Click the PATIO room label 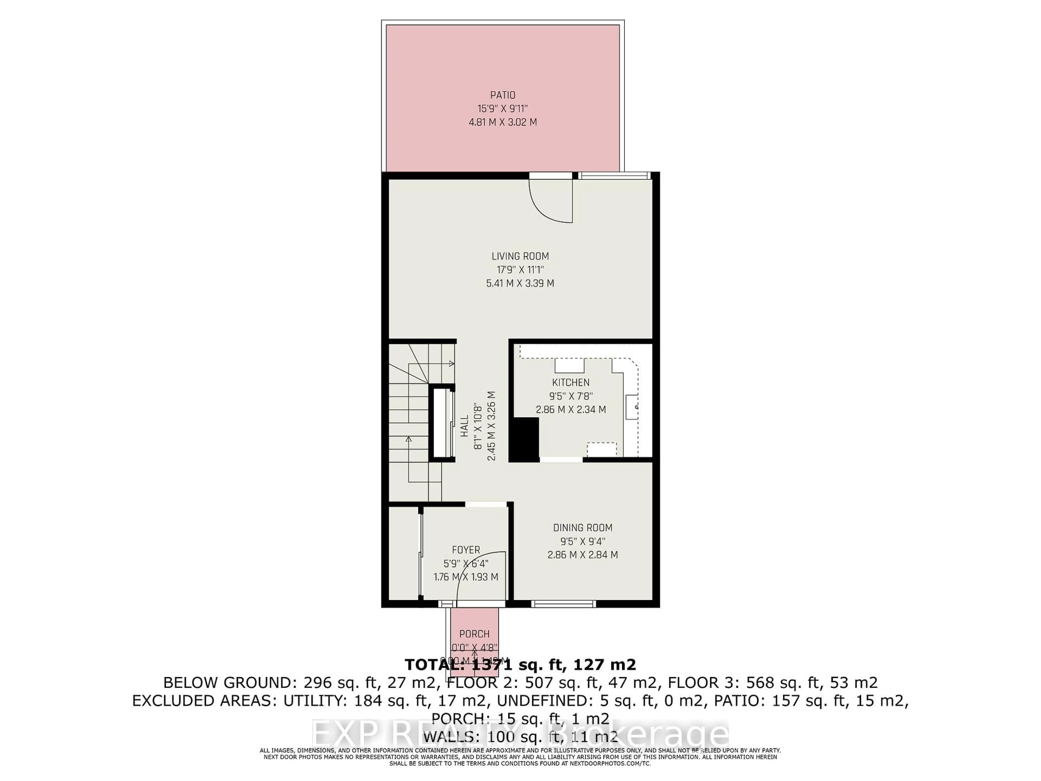coord(503,95)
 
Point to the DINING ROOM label coord(583,528)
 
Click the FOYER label coord(466,550)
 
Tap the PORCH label coord(474,634)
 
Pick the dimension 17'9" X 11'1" coord(520,270)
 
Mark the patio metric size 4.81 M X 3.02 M coord(503,122)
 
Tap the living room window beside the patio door coord(614,176)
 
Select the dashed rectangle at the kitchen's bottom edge coord(602,450)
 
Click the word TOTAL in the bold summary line coord(430,665)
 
